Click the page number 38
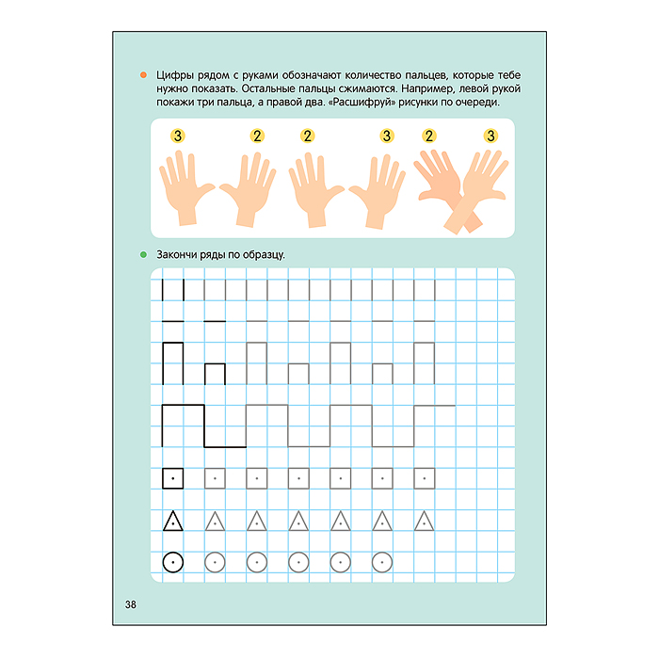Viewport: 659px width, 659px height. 131,604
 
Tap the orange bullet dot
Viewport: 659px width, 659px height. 143,74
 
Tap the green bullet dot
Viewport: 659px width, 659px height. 143,254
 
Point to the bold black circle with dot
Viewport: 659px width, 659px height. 172,562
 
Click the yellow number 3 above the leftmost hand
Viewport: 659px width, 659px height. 178,136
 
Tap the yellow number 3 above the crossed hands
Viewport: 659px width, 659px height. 490,136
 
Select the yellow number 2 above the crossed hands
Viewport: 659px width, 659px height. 429,136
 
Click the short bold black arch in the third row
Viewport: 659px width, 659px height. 215,364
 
